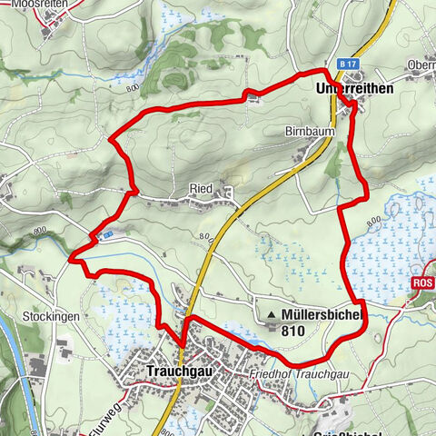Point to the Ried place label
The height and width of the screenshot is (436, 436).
click(x=200, y=188)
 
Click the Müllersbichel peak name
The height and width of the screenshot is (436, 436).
click(x=322, y=315)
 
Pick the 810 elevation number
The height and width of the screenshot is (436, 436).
click(x=294, y=332)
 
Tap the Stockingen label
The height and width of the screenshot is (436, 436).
click(x=52, y=316)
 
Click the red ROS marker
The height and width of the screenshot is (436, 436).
click(x=422, y=284)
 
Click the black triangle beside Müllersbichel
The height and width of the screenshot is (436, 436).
click(x=270, y=316)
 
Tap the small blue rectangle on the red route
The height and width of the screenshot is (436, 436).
click(x=108, y=234)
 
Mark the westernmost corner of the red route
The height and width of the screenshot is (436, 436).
click(x=70, y=259)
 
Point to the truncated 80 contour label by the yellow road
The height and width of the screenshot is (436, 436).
click(x=204, y=238)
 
